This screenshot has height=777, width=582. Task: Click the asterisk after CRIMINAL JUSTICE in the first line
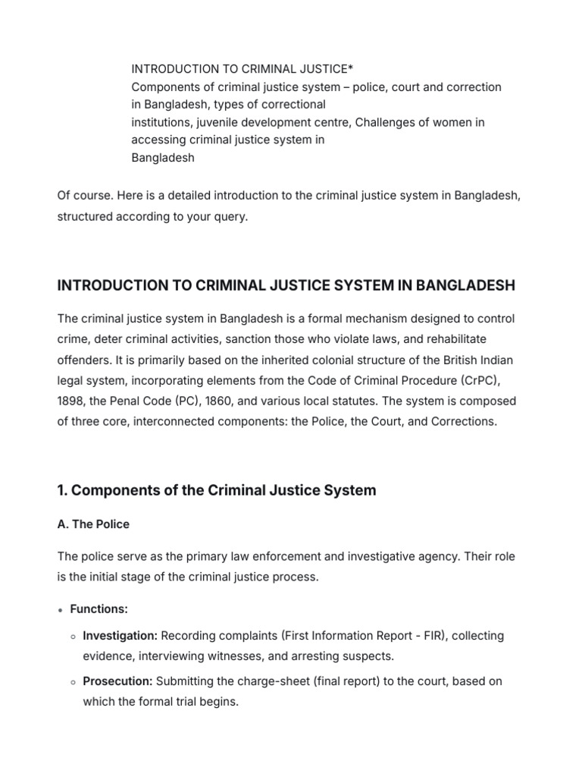tap(332, 69)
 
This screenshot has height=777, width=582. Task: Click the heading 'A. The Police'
tap(93, 524)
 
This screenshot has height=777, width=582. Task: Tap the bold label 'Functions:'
tap(99, 609)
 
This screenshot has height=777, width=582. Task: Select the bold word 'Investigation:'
tap(120, 635)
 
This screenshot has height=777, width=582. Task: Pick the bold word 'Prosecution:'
tap(117, 681)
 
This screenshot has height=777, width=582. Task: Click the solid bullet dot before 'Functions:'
tap(61, 609)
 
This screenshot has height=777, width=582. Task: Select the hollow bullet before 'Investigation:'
tap(74, 636)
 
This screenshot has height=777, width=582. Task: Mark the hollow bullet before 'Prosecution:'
tap(74, 682)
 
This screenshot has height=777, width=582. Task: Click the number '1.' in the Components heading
tap(63, 490)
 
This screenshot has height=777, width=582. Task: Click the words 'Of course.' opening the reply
tap(83, 196)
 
